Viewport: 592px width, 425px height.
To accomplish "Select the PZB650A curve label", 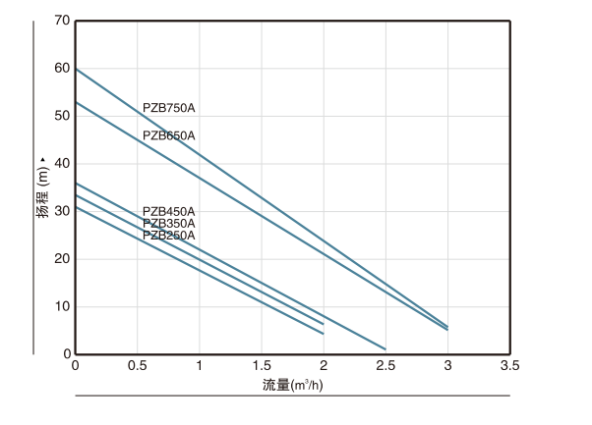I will coord(169,135).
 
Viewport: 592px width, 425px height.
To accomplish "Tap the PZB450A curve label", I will coord(169,211).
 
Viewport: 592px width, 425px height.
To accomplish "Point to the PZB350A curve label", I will coord(169,224).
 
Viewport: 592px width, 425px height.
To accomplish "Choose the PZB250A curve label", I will coord(169,236).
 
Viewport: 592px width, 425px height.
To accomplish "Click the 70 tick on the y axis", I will coord(63,21).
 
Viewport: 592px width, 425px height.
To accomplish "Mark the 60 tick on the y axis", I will coord(63,69).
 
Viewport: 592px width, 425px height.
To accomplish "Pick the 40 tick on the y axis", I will coord(63,164).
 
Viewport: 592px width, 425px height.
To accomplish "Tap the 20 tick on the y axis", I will coord(63,259).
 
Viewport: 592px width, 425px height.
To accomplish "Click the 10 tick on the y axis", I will coord(63,306).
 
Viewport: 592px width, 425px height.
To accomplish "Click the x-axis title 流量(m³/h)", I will coord(294,385).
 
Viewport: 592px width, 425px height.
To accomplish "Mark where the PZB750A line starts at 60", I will coord(77,69).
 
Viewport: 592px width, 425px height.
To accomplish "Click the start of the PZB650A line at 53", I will coord(77,102).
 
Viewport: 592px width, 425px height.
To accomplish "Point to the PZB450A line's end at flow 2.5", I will coord(385,348).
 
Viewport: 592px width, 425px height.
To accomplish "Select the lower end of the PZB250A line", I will coord(324,334).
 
